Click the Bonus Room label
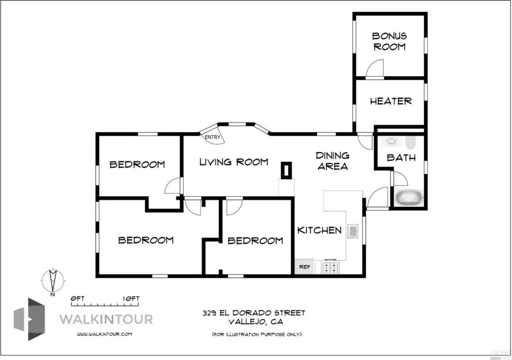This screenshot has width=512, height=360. [389, 41]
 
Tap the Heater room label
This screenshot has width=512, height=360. [390, 101]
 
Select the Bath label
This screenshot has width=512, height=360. [401, 158]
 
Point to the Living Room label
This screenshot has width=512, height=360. [234, 162]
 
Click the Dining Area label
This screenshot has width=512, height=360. [332, 160]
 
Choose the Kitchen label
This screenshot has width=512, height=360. [319, 230]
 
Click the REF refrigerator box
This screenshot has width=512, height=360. [304, 266]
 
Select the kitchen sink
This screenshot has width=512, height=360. [353, 231]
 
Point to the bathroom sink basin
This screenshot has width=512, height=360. [391, 141]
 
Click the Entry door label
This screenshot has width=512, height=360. [212, 137]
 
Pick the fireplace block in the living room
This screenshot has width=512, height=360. [286, 170]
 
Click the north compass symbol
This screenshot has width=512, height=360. [53, 281]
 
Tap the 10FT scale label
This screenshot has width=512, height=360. [131, 298]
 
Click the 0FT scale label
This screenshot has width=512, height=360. [77, 298]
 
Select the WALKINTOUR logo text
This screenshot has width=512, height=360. [106, 319]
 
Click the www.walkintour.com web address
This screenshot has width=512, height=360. [104, 334]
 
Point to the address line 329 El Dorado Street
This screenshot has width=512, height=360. [253, 313]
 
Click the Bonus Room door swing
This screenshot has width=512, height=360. [374, 68]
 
